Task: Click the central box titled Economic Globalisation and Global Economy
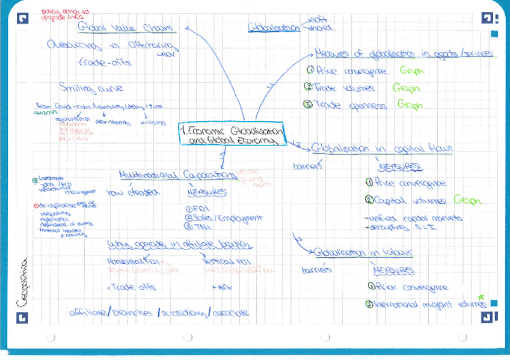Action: point(232,134)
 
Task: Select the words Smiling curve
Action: point(91,88)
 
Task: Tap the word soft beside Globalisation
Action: point(317,19)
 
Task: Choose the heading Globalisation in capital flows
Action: point(382,148)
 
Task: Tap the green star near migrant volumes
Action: point(480,297)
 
